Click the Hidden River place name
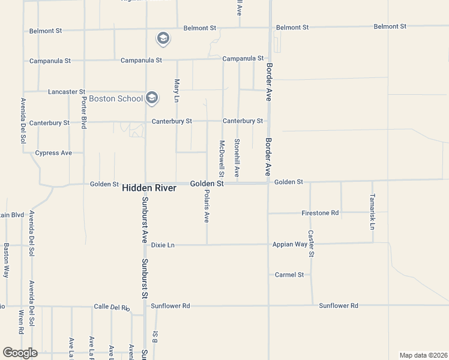(149, 188)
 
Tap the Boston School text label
(116, 98)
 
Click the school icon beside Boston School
(152, 98)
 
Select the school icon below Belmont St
(163, 40)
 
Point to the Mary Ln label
(176, 89)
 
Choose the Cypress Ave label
(53, 153)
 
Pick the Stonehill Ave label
(237, 157)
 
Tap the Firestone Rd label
(320, 213)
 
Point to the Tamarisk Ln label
(372, 212)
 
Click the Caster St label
(311, 244)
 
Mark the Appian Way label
(291, 244)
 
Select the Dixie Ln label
(163, 245)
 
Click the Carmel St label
(290, 275)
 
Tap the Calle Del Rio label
(112, 307)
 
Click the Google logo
(20, 353)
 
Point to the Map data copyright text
(423, 355)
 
